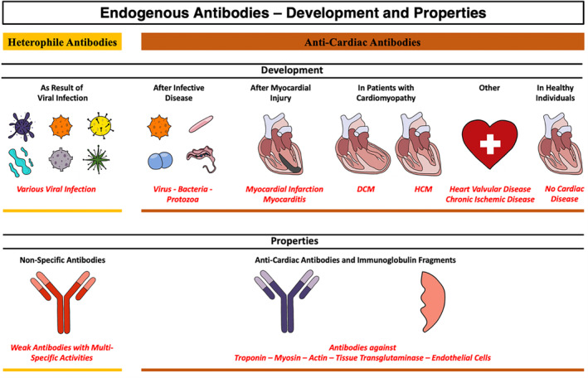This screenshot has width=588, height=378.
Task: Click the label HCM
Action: coord(420,189)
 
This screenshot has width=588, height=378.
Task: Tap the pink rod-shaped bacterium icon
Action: coord(202,123)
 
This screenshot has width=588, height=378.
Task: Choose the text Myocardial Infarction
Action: coord(280,189)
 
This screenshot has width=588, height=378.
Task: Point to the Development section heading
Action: coord(293,71)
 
